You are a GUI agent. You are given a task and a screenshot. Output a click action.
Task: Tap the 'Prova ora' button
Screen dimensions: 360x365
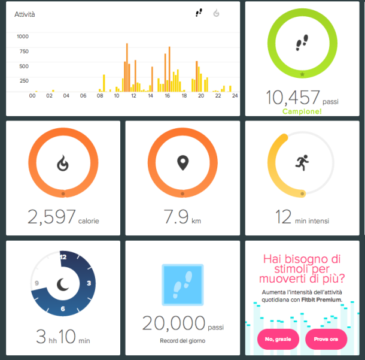[326, 339]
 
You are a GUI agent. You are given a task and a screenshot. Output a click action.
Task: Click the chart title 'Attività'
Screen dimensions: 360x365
[25, 14]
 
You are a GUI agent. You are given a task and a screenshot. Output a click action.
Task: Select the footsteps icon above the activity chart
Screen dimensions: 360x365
[199, 13]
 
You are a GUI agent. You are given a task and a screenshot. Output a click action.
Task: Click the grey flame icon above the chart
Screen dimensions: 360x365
[217, 13]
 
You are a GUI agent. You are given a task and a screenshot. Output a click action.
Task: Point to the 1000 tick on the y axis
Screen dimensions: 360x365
[23, 37]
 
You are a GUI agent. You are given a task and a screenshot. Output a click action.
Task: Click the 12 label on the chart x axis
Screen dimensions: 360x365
[133, 96]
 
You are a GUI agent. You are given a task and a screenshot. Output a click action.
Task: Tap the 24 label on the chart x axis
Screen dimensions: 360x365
[235, 96]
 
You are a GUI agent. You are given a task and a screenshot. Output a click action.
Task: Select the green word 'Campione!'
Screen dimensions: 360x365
[302, 111]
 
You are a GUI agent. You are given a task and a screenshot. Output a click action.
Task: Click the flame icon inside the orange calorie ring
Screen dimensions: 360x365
[63, 162]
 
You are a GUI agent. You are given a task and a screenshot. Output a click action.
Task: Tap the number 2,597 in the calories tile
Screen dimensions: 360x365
[51, 217]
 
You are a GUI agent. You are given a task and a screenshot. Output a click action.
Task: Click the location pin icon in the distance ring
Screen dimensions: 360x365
[182, 162]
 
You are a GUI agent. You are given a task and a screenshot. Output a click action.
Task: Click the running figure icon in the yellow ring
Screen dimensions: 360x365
[302, 162]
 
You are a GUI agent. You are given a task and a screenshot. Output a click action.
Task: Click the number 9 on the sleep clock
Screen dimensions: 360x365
[36, 283]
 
